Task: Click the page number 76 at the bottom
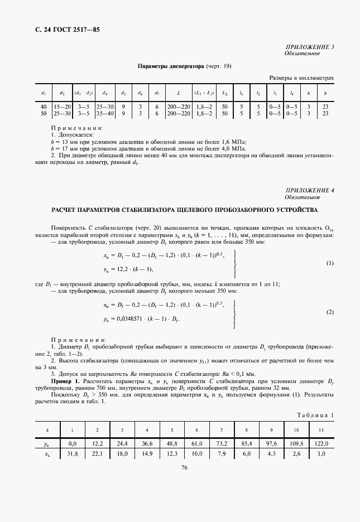(184, 483)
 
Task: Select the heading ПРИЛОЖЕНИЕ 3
(310, 47)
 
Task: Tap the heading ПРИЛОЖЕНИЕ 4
(310, 191)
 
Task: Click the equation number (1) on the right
(329, 263)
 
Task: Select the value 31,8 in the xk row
(72, 454)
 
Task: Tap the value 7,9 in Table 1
(221, 454)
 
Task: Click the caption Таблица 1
(316, 415)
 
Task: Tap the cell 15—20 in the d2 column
(63, 106)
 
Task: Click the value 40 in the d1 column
(44, 106)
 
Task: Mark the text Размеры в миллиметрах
(301, 78)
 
